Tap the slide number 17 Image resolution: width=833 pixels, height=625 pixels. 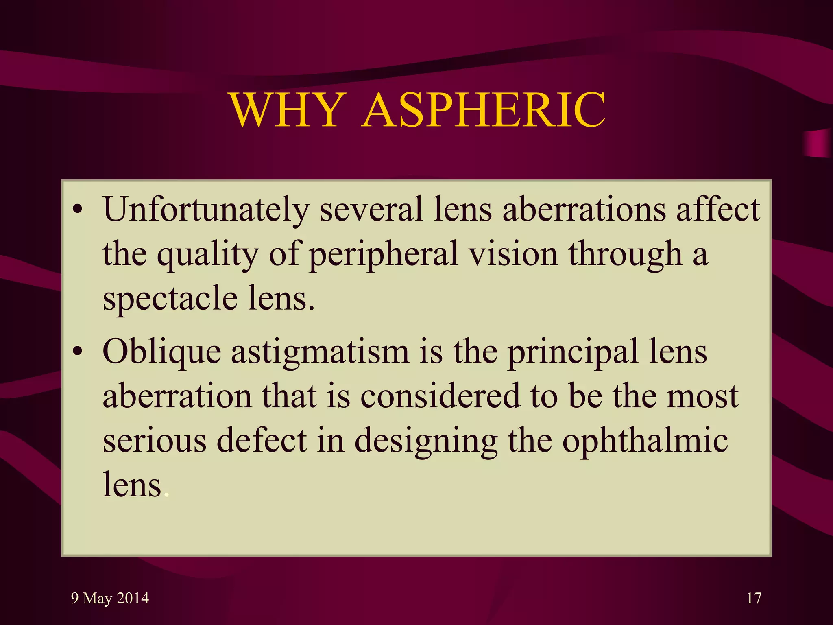pos(754,598)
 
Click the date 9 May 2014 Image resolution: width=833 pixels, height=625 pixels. pos(110,598)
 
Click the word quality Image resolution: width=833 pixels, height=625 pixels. pos(208,255)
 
